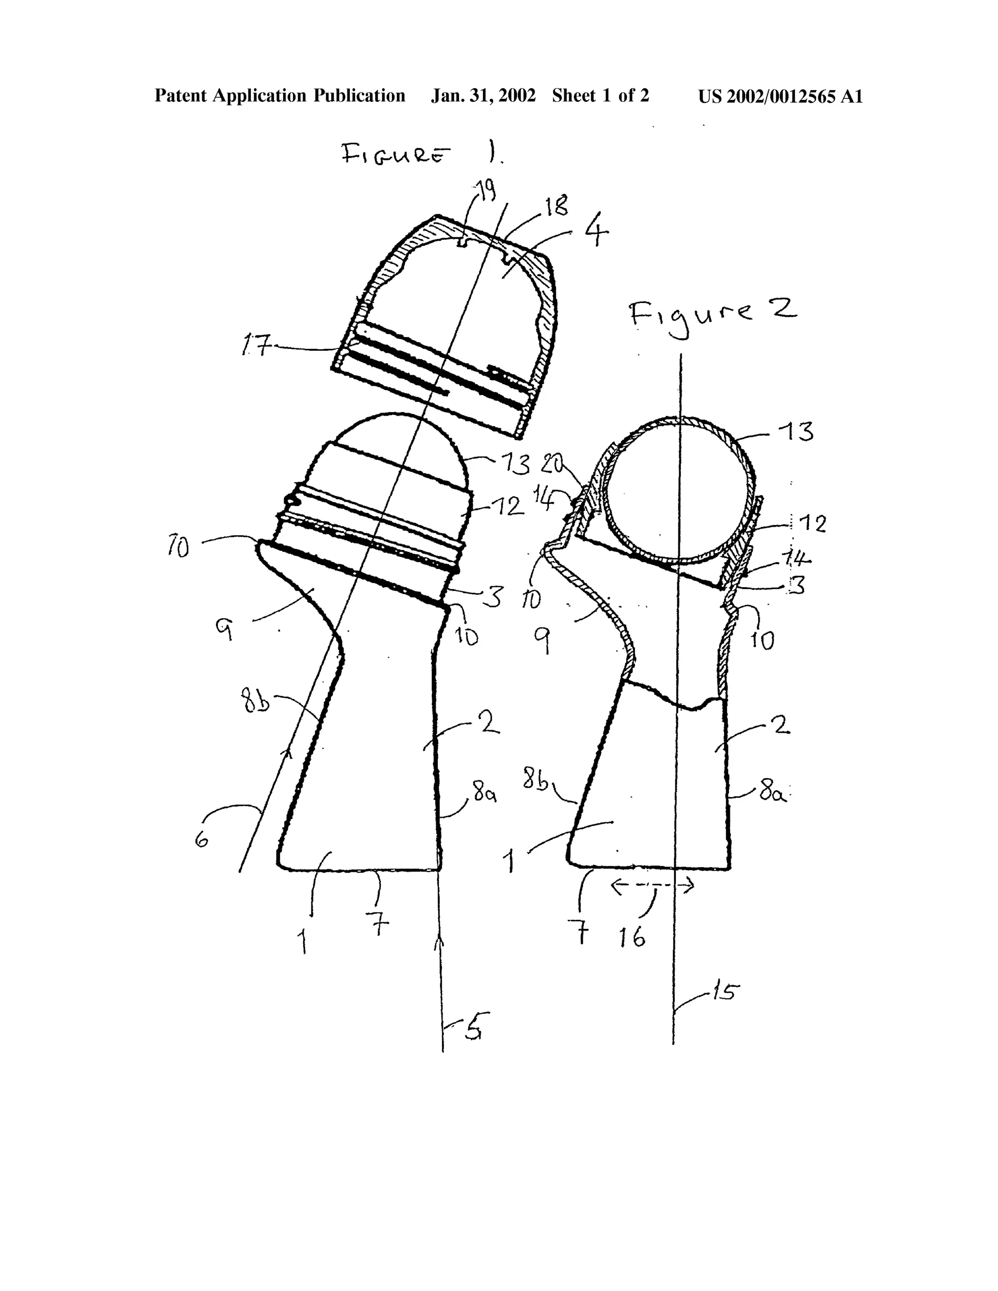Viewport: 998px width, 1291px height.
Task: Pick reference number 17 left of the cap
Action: tap(257, 343)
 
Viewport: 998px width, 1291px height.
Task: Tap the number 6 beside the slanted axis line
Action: tap(202, 837)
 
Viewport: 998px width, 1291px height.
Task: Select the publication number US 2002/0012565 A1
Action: tap(781, 96)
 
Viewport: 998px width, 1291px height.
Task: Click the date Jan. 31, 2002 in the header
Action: tap(483, 96)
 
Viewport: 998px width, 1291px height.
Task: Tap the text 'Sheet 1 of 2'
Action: tap(601, 96)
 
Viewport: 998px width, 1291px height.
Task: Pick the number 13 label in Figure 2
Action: tap(798, 432)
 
